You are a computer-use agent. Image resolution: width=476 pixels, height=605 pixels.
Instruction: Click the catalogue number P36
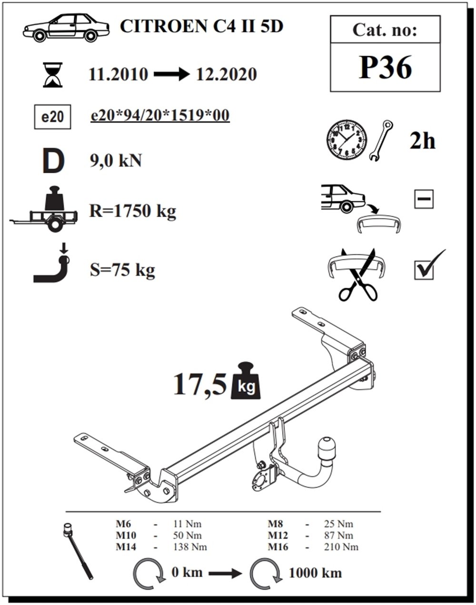pyautogui.click(x=385, y=68)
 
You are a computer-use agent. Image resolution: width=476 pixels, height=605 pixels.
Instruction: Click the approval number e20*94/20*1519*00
pyautogui.click(x=160, y=116)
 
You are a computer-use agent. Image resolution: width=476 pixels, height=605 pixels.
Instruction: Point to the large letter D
pyautogui.click(x=53, y=161)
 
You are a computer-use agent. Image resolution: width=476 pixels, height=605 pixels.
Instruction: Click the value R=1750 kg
pyautogui.click(x=132, y=210)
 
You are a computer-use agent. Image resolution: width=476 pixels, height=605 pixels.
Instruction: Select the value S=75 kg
pyautogui.click(x=122, y=270)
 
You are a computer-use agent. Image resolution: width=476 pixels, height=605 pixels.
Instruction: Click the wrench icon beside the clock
pyautogui.click(x=382, y=139)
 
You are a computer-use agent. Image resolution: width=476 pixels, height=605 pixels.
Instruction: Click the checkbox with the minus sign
pyautogui.click(x=424, y=199)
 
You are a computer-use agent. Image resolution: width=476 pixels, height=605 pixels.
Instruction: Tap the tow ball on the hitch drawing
pyautogui.click(x=327, y=447)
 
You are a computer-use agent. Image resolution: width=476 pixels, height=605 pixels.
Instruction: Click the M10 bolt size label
pyautogui.click(x=126, y=536)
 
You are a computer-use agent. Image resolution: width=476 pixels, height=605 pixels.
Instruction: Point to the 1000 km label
pyautogui.click(x=315, y=573)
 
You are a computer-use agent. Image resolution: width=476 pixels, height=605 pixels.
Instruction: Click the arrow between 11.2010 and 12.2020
pyautogui.click(x=171, y=75)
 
